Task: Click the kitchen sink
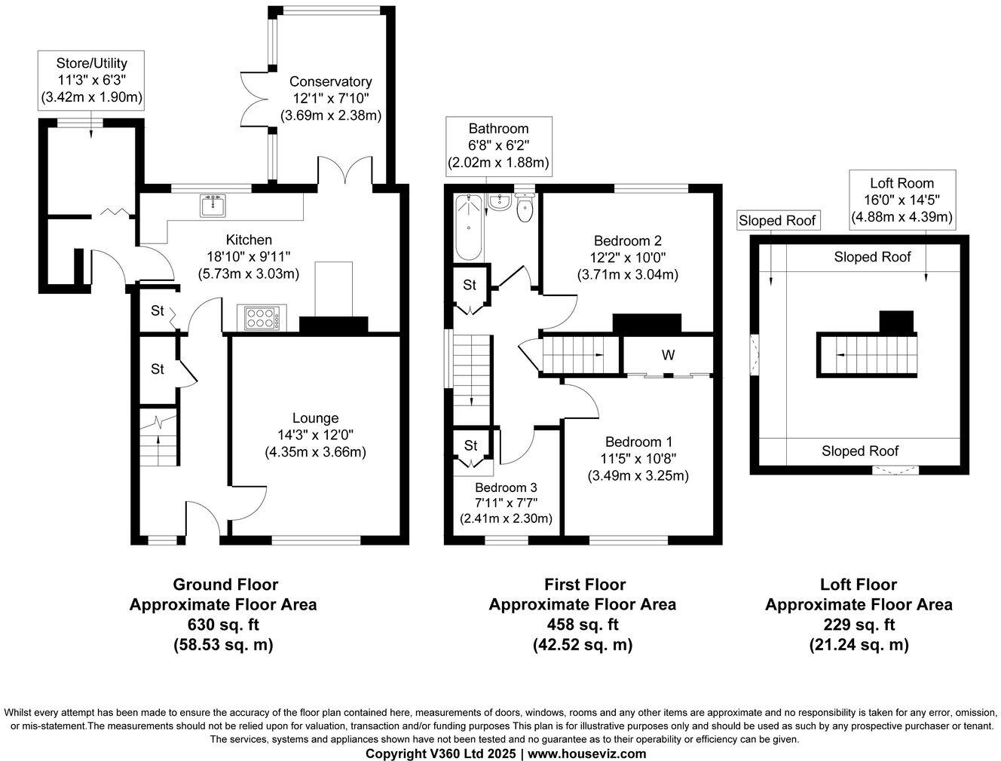click(213, 205)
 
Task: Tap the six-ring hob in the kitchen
click(262, 318)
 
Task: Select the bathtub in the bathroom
click(469, 227)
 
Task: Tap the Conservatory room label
click(331, 81)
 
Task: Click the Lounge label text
click(316, 418)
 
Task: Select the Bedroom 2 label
click(627, 240)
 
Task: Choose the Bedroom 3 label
click(506, 487)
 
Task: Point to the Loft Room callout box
click(902, 200)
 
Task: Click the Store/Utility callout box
click(91, 80)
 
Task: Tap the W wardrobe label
click(668, 355)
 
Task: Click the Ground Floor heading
click(225, 584)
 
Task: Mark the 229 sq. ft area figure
click(859, 625)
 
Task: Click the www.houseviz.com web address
click(586, 753)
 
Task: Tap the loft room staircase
click(867, 355)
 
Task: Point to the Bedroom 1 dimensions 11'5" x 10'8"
click(638, 458)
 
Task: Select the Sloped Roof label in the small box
click(777, 221)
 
